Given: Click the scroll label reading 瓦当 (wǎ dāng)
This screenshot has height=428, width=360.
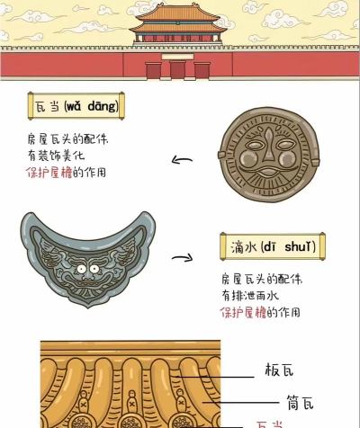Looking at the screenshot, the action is pyautogui.click(x=76, y=106).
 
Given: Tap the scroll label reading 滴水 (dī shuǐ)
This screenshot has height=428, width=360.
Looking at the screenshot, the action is pyautogui.click(x=273, y=246).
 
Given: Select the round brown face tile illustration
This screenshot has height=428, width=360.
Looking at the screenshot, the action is pyautogui.click(x=269, y=155).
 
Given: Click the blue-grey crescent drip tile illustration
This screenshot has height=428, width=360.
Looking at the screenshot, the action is pyautogui.click(x=88, y=259).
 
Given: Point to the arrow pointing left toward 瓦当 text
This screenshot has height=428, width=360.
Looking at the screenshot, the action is pyautogui.click(x=182, y=160).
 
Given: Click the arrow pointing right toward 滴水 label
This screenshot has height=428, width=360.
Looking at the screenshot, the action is pyautogui.click(x=183, y=257).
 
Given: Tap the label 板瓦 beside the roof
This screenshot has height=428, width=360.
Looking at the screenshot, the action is pyautogui.click(x=279, y=370).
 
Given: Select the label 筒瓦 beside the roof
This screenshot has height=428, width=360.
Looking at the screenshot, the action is pyautogui.click(x=301, y=402).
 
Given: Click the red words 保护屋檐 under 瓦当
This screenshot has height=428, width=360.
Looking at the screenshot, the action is pyautogui.click(x=49, y=173).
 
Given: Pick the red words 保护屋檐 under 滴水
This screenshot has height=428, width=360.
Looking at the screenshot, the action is pyautogui.click(x=243, y=312).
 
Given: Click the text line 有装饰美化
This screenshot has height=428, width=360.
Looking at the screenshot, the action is pyautogui.click(x=56, y=156).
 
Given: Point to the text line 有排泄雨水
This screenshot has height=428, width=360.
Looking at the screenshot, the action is pyautogui.click(x=250, y=296).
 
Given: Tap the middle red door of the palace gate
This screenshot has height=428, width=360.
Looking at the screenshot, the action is pyautogui.click(x=177, y=70).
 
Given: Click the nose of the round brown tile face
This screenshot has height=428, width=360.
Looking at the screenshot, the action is pyautogui.click(x=268, y=147).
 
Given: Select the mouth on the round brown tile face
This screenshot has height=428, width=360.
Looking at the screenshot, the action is pyautogui.click(x=268, y=173).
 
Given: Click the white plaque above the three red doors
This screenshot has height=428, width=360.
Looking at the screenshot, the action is pyautogui.click(x=177, y=57).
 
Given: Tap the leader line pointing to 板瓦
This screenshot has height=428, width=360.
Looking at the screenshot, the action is pyautogui.click(x=214, y=377).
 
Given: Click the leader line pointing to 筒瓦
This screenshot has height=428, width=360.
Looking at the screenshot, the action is pyautogui.click(x=241, y=403).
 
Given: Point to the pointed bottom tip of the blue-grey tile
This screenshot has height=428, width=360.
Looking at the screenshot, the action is pyautogui.click(x=88, y=308).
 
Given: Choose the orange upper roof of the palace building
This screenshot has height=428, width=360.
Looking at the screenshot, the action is pyautogui.click(x=178, y=13).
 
